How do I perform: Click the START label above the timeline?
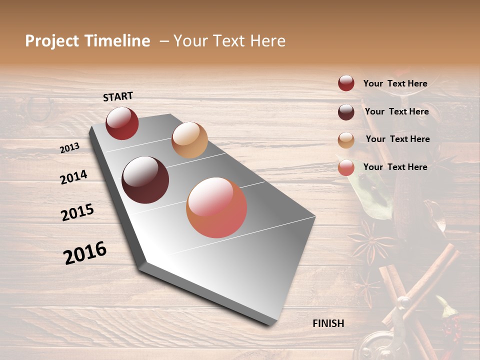(118, 96)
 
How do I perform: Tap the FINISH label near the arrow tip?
(328, 323)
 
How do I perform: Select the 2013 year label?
(69, 148)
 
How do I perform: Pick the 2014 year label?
(73, 177)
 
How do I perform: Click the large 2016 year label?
(85, 252)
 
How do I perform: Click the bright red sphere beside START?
(122, 123)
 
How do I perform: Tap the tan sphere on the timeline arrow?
(189, 140)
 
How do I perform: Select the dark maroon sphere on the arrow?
(145, 180)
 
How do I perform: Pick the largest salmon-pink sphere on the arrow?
(216, 207)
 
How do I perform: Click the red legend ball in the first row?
(346, 83)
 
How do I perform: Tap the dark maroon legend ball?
(346, 111)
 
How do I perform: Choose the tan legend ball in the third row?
(346, 140)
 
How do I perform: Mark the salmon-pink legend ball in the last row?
(346, 167)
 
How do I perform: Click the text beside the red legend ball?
(395, 83)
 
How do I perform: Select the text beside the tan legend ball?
(397, 139)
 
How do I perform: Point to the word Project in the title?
(52, 41)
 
